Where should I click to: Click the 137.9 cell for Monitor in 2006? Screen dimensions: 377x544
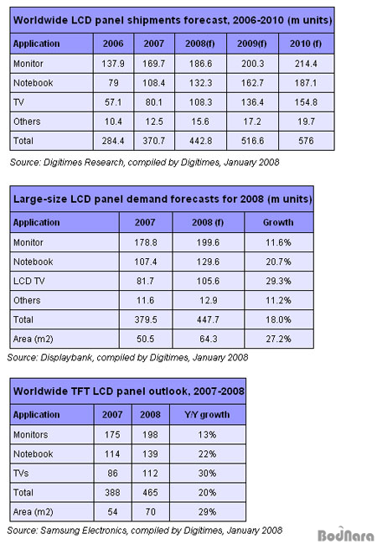click(113, 64)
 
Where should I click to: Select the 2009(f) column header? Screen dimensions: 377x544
click(252, 44)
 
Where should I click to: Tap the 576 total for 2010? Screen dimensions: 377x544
click(306, 141)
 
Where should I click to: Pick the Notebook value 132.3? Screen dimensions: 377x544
click(200, 83)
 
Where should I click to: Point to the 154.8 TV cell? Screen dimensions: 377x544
click(306, 102)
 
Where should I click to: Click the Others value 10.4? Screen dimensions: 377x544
click(113, 122)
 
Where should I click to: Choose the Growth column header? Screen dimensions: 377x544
click(278, 222)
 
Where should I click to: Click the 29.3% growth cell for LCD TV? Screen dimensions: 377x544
click(278, 281)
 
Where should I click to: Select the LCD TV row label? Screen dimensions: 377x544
click(29, 281)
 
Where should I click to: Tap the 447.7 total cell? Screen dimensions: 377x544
click(208, 319)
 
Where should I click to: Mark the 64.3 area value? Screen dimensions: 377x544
click(208, 339)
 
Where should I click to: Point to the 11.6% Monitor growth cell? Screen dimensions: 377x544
click(278, 242)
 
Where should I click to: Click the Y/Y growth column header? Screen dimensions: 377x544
click(207, 415)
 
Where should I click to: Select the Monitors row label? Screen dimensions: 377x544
click(30, 435)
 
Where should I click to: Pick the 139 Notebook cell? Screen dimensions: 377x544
click(150, 454)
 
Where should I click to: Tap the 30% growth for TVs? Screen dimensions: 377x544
click(207, 474)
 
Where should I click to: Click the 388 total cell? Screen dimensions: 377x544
click(112, 493)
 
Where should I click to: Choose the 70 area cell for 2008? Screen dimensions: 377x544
click(150, 512)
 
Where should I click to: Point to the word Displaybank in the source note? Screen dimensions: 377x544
click(66, 357)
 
